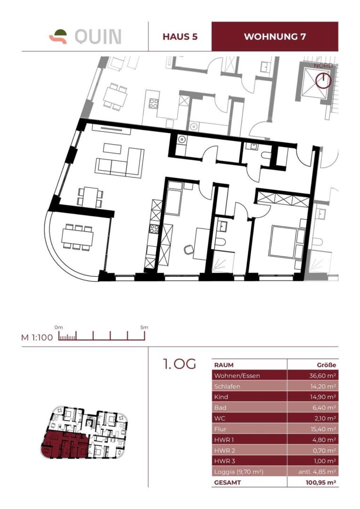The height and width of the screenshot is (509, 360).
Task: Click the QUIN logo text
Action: [x=98, y=37]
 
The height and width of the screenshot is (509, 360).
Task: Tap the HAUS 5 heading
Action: [x=180, y=36]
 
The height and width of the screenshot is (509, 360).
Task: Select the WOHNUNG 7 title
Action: [x=275, y=36]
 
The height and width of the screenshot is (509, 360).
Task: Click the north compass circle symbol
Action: [x=323, y=81]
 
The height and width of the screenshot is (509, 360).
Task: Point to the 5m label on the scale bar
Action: [x=144, y=327]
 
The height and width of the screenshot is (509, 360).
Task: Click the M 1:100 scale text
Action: [x=37, y=337]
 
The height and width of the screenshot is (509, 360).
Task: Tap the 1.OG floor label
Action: [x=180, y=364]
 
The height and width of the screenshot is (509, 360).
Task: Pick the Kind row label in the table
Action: [x=221, y=397]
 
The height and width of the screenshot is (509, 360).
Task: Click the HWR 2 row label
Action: [x=225, y=450]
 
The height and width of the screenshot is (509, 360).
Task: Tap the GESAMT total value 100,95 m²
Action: [x=321, y=483]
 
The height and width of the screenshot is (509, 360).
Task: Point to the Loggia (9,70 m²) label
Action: [x=238, y=472]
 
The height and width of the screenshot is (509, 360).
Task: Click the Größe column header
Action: [x=327, y=365]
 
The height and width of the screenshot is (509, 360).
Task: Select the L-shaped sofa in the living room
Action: [x=120, y=164]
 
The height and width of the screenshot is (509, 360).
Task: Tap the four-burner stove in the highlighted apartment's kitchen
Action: [x=154, y=229]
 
